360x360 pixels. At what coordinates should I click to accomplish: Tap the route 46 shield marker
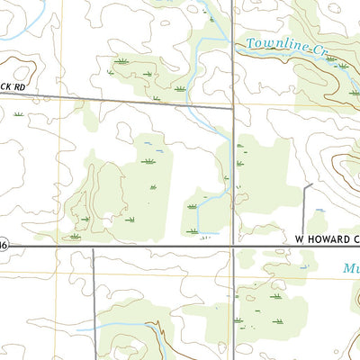pyautogui.click(x=4, y=244)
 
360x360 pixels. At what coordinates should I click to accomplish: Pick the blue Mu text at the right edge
pyautogui.click(x=351, y=268)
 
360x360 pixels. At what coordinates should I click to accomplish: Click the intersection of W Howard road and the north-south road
pyautogui.click(x=234, y=245)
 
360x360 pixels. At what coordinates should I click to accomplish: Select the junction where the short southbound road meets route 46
pyautogui.click(x=93, y=245)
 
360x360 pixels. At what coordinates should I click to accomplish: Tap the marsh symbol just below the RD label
pyautogui.click(x=18, y=114)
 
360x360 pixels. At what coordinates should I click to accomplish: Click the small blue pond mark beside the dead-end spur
pyautogui.click(x=318, y=212)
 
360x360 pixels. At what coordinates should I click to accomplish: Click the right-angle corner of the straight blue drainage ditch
pyautogui.click(x=197, y=234)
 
